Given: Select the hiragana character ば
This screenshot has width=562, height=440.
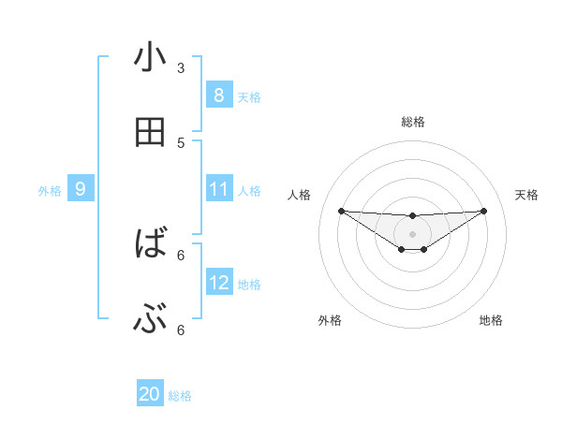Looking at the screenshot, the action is pos(150,245).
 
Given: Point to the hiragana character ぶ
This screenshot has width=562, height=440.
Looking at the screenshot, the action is pos(150,321).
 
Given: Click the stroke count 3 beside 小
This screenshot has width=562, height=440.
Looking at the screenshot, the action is pos(181,67).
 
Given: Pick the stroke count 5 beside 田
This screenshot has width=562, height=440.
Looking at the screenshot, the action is pos(181,143).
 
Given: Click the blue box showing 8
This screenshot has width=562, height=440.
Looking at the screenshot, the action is pos(219,95).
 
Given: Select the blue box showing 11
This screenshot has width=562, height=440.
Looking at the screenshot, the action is pos(219,189).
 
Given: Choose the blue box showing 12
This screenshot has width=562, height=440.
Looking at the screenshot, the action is pos(219,283).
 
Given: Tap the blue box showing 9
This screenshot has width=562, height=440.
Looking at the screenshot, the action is pos(81,189).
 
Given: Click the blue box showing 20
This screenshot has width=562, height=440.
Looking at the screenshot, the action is pos(150,394).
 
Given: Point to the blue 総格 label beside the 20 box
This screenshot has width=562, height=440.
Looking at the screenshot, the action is pos(180,396).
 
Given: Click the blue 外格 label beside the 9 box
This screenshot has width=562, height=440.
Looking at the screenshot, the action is pos(50,191).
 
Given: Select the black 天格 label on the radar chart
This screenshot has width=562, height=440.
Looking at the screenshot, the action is pos(527,195).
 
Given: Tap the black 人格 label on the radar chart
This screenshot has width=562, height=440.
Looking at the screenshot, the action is pos(300,195).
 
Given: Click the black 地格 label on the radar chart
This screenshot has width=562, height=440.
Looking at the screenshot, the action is pos(491,320).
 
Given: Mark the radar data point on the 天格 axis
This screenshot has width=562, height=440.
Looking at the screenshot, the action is pos(484,211).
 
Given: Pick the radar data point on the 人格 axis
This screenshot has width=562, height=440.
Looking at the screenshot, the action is pos(341,211).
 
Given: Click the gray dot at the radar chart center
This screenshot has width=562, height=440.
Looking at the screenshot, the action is pos(412,233).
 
